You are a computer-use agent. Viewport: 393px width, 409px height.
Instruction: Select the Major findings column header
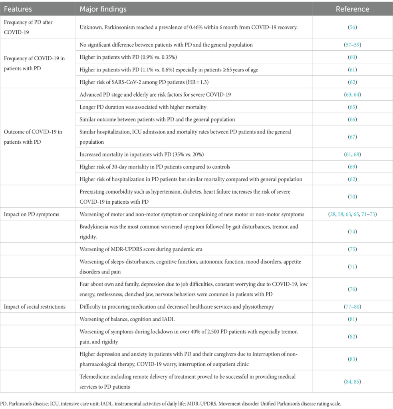coord(103,9)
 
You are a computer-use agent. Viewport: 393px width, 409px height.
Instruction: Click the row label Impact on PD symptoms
coord(32,214)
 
